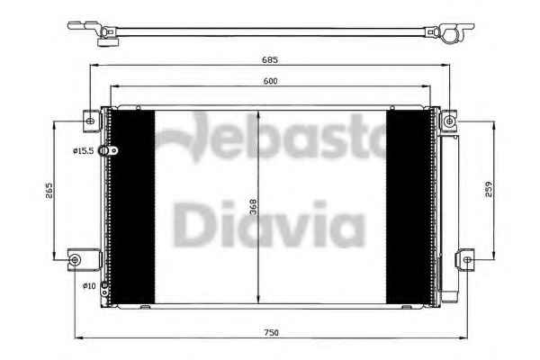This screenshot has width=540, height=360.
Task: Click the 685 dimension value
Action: [270, 60]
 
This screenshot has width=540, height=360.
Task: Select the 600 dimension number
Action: [270, 81]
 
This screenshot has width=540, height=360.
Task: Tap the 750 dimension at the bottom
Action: [272, 333]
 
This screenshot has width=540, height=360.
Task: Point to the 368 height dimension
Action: [254, 207]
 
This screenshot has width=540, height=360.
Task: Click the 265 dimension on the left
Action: [49, 191]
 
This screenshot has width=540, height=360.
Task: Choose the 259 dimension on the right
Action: [489, 189]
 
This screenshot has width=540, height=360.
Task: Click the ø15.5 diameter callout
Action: [84, 151]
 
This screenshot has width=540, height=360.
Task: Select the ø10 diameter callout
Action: [89, 286]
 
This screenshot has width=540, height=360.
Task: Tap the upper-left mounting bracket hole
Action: [91, 121]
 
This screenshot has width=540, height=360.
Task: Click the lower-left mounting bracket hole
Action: [75, 259]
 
